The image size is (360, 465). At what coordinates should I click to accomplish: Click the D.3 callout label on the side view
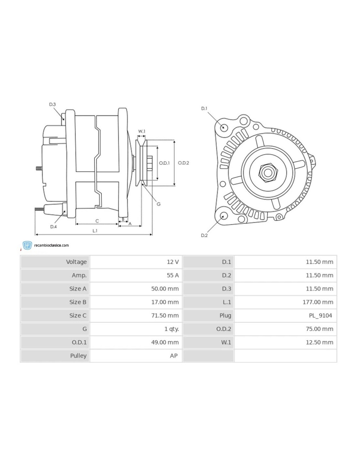pos(52,104)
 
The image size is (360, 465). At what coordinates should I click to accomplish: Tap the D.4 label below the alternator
pos(54,227)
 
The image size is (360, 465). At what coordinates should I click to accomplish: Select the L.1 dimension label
pos(95,231)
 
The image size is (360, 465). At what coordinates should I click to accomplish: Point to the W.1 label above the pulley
pos(141,131)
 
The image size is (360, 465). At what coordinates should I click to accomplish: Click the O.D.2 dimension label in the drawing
pos(183,163)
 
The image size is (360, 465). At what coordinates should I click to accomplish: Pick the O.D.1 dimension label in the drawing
pos(164,163)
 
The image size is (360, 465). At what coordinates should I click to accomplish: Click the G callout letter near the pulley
pos(159,204)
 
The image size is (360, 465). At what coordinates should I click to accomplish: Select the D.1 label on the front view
pos(204,108)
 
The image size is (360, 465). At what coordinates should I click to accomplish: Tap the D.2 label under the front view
pos(204,235)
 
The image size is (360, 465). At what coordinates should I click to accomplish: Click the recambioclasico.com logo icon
pos(27,245)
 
